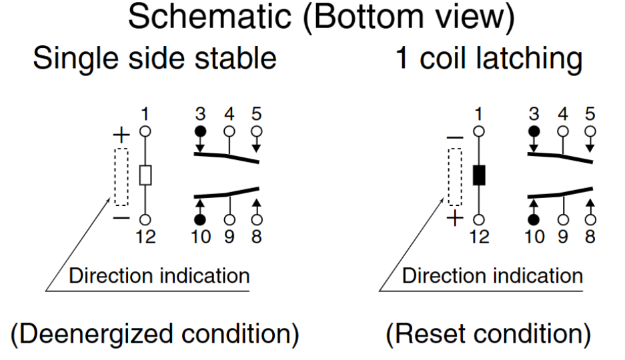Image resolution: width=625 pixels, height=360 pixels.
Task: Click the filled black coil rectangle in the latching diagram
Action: [x=478, y=175]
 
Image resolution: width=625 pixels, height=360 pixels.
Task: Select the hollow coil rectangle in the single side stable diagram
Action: [x=145, y=175]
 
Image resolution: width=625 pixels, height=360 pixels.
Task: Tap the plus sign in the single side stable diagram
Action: [x=121, y=136]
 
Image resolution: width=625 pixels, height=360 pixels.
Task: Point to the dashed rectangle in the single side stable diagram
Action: [x=121, y=176]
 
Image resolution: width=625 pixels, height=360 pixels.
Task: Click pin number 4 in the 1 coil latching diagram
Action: [x=562, y=113]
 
